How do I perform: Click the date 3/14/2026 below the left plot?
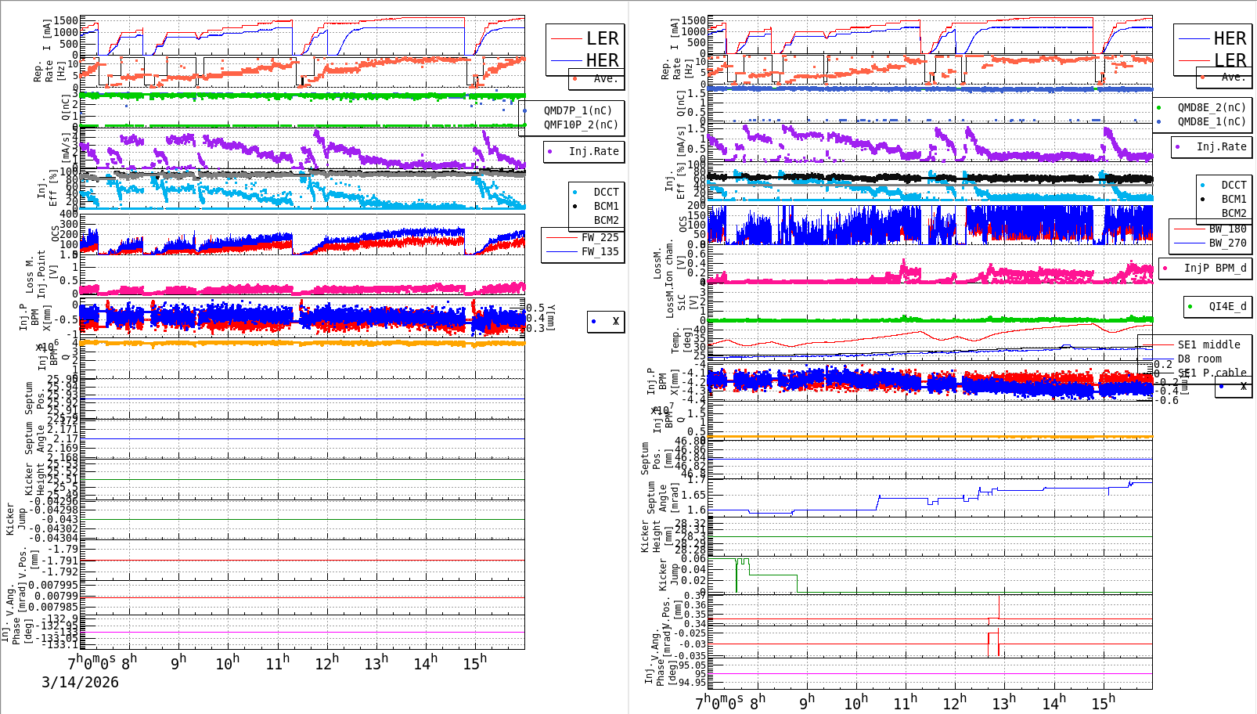tap(80, 682)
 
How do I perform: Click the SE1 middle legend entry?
tap(1208, 344)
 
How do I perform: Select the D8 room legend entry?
tap(1199, 359)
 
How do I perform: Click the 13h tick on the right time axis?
tap(1003, 703)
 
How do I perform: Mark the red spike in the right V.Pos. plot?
tap(999, 607)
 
